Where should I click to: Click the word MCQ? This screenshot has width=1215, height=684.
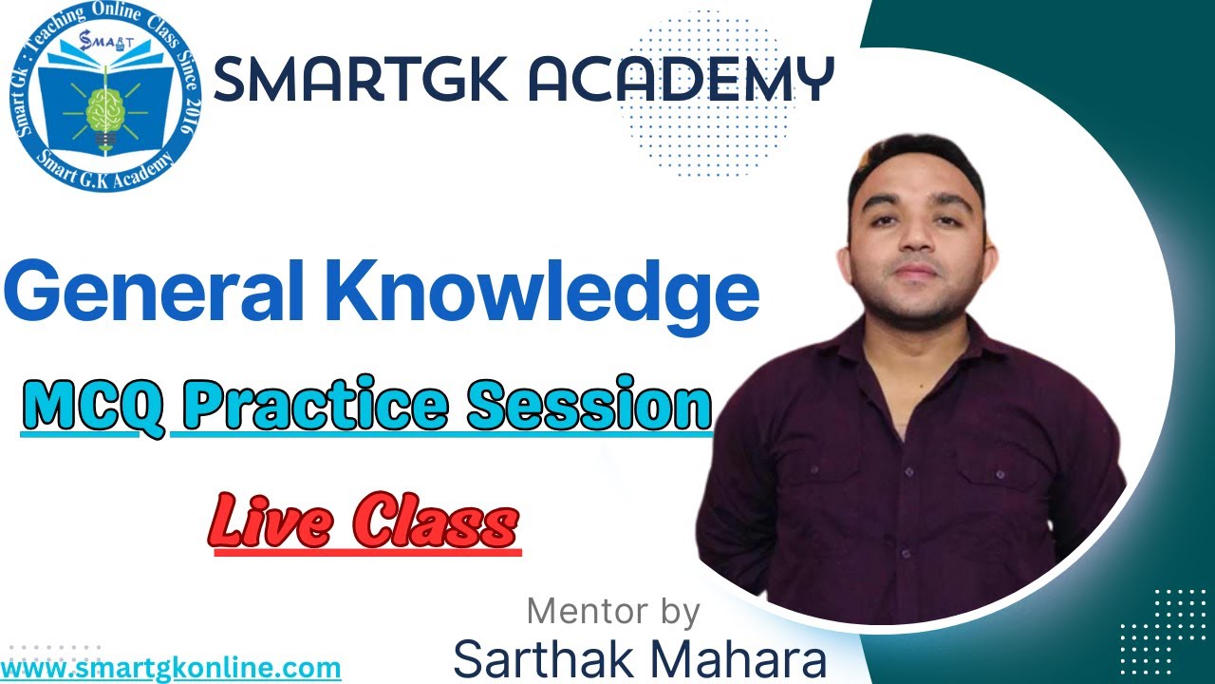click(93, 407)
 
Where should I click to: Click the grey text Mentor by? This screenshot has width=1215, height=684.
click(612, 611)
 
